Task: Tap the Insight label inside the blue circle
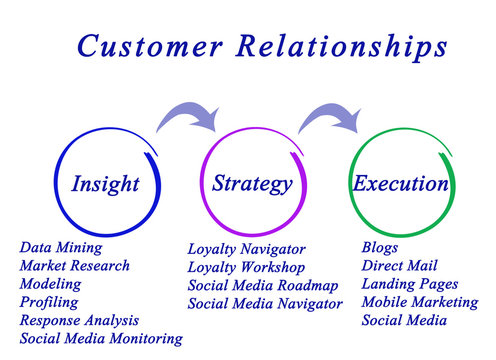tap(105, 185)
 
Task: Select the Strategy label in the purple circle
tap(252, 183)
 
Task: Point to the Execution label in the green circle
tap(400, 184)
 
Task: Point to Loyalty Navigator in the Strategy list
tap(246, 249)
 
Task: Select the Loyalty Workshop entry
tap(246, 267)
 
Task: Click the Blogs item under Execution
tap(380, 247)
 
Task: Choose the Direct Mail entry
tap(397, 265)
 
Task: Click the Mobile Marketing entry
tap(419, 302)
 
